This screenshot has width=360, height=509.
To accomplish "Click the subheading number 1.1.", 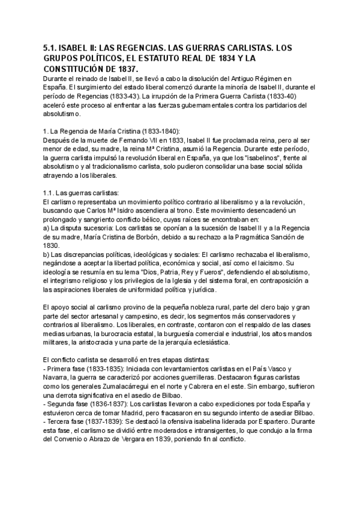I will coord(50,193).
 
